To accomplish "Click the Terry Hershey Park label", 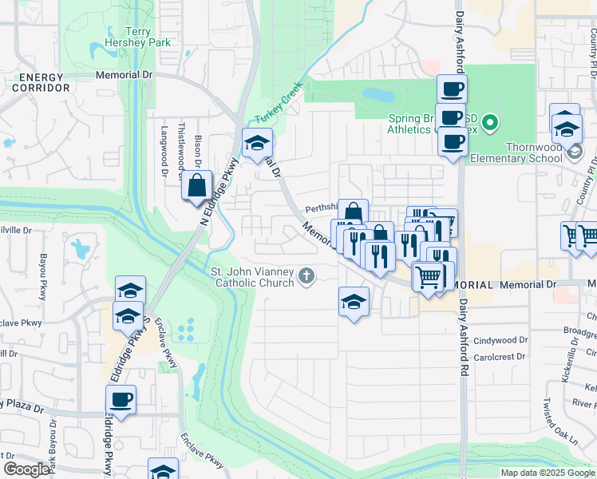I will [x=127, y=38].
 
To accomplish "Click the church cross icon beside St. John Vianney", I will [x=306, y=277].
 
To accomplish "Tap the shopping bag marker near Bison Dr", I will [x=197, y=186].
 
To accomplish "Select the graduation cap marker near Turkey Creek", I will [x=257, y=144].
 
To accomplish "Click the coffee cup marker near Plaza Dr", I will [x=121, y=399].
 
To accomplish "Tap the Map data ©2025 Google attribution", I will [x=547, y=473].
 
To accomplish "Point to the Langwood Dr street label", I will [x=164, y=149].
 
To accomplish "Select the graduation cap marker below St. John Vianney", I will [x=354, y=302].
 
